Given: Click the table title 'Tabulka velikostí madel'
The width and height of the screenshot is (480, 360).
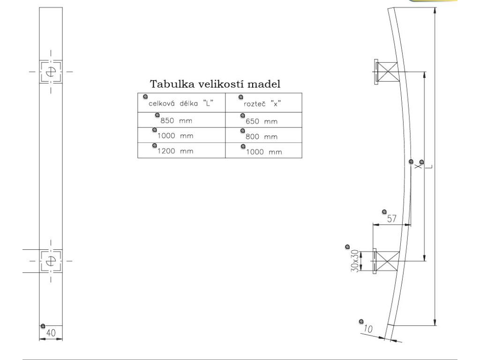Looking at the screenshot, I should (x=215, y=85).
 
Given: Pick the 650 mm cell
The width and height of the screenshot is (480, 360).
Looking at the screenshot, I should (x=262, y=121).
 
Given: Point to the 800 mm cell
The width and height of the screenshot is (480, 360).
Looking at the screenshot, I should (x=262, y=137).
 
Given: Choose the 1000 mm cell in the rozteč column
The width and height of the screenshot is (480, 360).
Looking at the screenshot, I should (x=264, y=152).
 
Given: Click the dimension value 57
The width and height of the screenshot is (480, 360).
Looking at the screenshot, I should (x=391, y=218).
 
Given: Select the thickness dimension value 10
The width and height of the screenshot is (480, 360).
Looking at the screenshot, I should (x=368, y=329).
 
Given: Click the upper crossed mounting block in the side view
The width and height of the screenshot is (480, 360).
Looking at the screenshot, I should (x=388, y=72).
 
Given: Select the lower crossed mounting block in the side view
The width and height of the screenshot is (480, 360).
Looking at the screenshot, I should (x=387, y=261).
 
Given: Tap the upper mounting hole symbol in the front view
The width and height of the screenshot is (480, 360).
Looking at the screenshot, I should (x=51, y=72).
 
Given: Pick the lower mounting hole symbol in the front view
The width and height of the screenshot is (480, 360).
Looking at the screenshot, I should (x=51, y=261).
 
